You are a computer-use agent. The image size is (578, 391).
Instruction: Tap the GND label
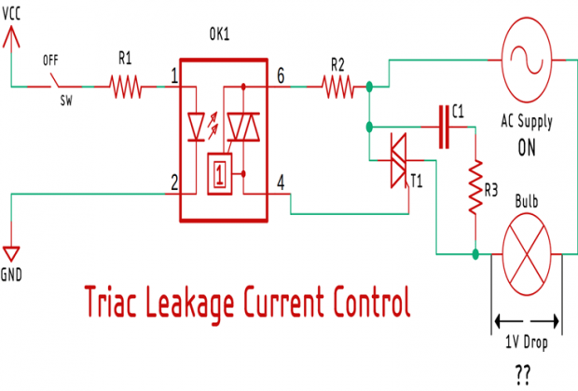click(12, 276)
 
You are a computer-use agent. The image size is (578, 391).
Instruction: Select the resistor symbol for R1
click(125, 88)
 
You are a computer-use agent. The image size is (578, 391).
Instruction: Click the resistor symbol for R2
click(337, 88)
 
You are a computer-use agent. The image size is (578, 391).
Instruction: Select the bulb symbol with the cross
click(528, 252)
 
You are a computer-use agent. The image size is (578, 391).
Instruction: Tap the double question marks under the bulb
click(523, 372)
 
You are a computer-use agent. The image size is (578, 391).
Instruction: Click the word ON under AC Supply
click(528, 147)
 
